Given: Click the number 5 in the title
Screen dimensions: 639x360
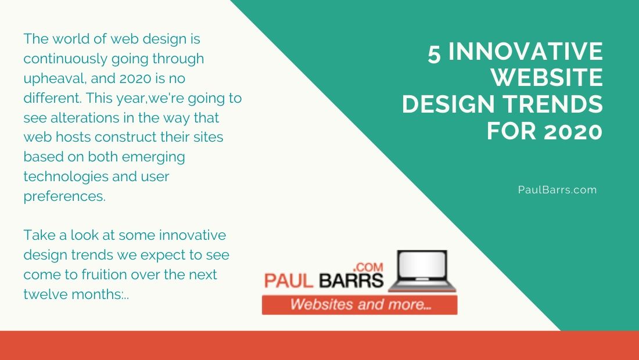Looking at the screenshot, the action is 435,52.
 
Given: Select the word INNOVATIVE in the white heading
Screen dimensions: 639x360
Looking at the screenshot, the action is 526,52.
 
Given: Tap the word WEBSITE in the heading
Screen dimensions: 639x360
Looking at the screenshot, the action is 547,78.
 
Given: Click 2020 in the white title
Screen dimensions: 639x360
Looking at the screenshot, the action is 573,131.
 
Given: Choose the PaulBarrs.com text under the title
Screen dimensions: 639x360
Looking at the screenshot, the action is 557,190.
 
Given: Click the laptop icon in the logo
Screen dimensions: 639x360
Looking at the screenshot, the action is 422,271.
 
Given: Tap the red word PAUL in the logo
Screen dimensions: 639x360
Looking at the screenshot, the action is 289,281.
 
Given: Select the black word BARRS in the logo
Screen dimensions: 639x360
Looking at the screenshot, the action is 351,281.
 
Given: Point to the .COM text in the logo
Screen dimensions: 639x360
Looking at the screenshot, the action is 368,267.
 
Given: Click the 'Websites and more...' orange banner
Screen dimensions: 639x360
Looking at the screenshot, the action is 360,305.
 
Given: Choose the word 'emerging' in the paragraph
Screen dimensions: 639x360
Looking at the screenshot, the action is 153,157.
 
